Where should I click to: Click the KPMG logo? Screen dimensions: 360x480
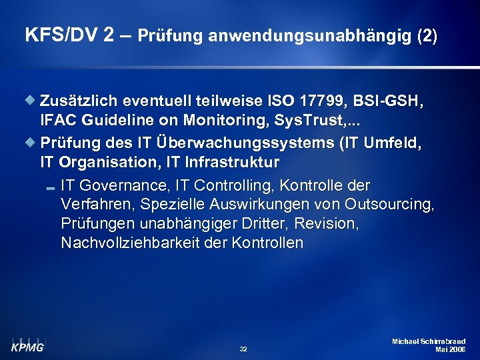(x=27, y=343)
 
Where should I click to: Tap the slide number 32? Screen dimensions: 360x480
(x=243, y=349)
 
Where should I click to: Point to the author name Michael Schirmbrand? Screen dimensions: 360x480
(x=429, y=341)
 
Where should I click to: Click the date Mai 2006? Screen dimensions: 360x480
(x=450, y=349)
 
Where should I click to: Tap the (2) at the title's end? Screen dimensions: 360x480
(x=427, y=36)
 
